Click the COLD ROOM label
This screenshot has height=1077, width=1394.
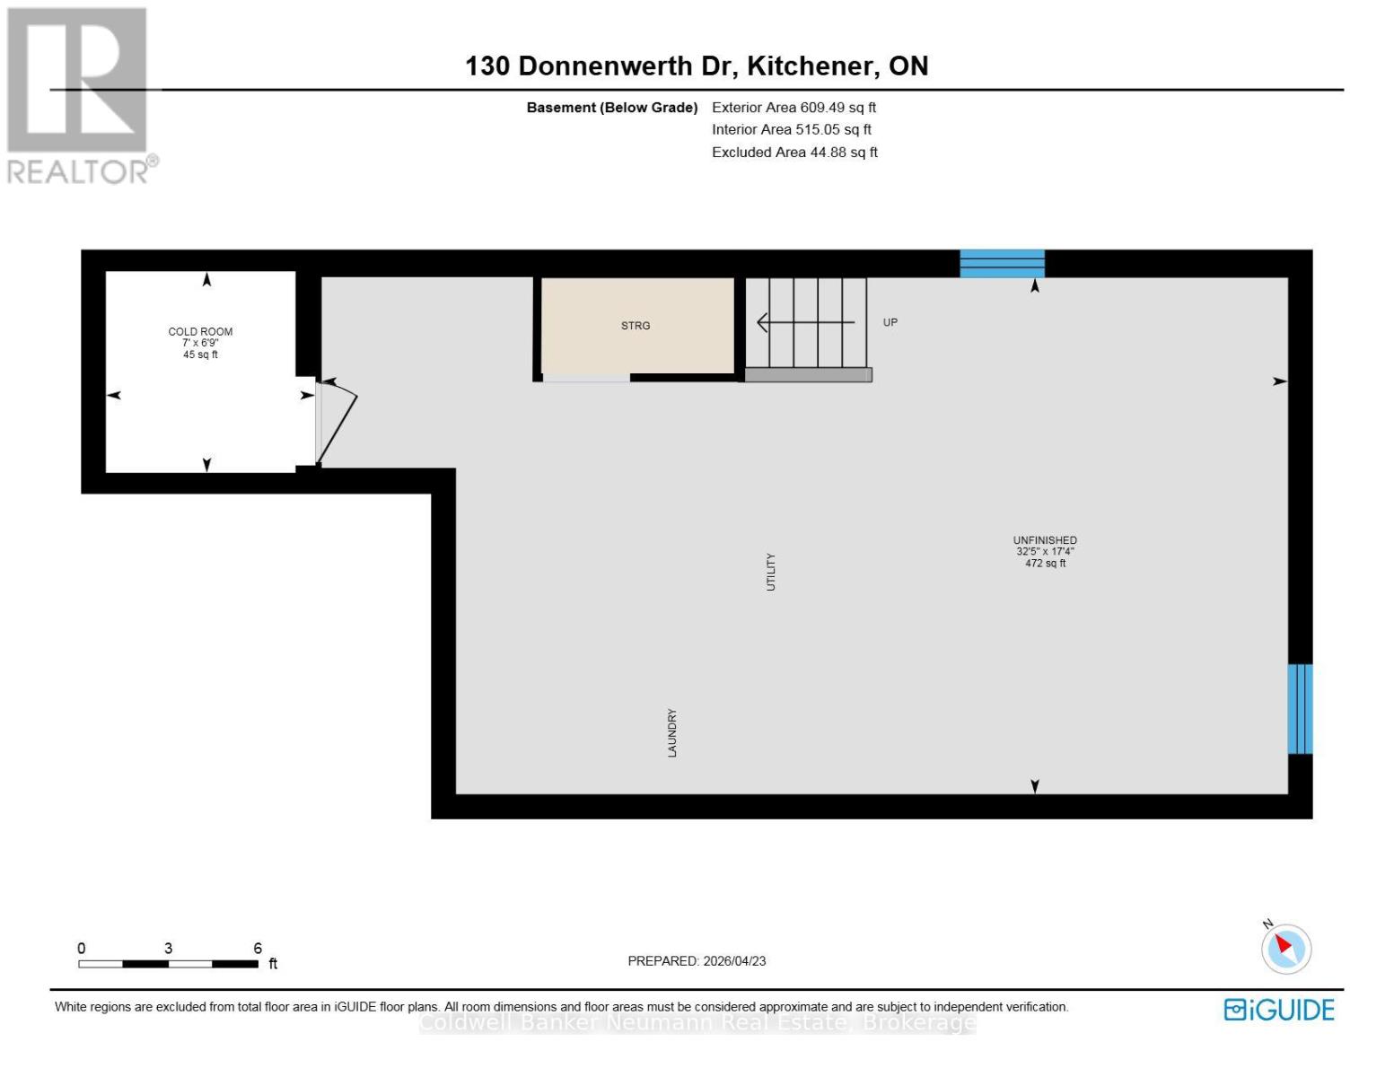[x=200, y=331]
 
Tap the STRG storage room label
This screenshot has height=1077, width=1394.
[x=636, y=326]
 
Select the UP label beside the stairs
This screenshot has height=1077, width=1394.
[x=890, y=322]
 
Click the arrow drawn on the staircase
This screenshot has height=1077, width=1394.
[x=804, y=321]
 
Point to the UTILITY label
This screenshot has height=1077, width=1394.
[x=770, y=572]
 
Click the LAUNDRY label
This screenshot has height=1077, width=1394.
[x=672, y=732]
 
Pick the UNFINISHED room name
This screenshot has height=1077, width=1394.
[x=1045, y=540]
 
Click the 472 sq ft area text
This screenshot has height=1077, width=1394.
[x=1045, y=564]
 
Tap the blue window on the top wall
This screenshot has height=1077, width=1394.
[x=1002, y=264]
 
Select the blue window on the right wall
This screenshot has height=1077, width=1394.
[x=1300, y=709]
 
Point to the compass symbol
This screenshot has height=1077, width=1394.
[x=1285, y=948]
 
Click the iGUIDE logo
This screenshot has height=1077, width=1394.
[x=1279, y=1010]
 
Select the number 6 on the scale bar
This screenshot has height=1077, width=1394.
[x=258, y=949]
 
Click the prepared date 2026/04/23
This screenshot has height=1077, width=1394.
[x=734, y=961]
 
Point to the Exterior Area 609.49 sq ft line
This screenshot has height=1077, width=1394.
[x=793, y=108]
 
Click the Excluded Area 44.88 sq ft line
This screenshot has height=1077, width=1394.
[x=794, y=153]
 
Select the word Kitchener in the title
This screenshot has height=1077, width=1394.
[x=811, y=66]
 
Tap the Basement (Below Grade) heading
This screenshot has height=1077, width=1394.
[x=611, y=108]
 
